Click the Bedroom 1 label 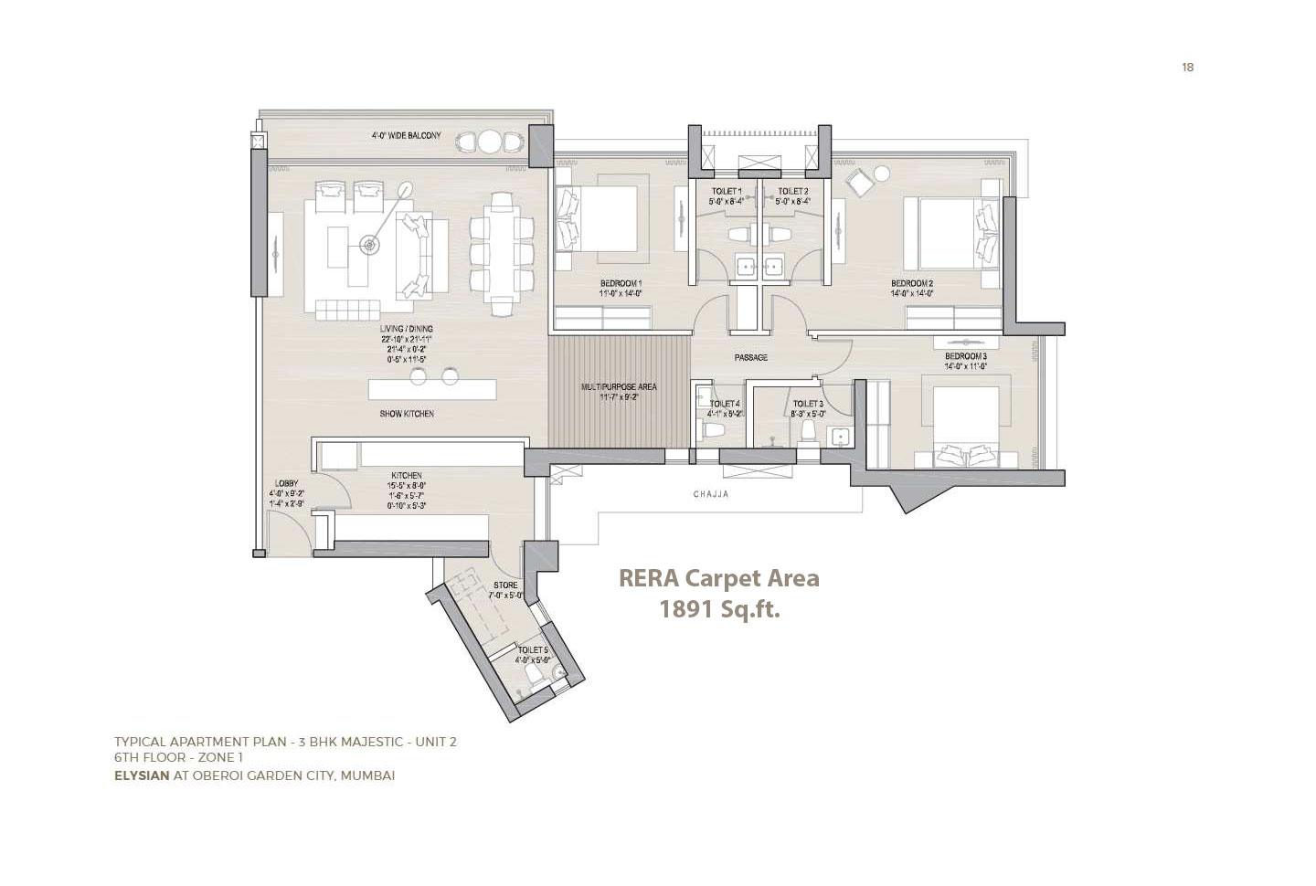[621, 283]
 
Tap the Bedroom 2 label [912, 283]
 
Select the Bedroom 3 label [965, 356]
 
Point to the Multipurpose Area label [619, 387]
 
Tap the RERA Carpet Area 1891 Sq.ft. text [719, 593]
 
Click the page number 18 [1187, 67]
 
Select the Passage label [750, 357]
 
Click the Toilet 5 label [532, 649]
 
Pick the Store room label [505, 585]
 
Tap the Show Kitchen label [407, 414]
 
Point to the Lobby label [286, 484]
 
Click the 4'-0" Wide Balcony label [406, 136]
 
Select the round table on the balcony [490, 142]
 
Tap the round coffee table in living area [369, 244]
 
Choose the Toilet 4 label [725, 404]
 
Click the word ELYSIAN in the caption [142, 775]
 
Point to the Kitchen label [407, 476]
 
